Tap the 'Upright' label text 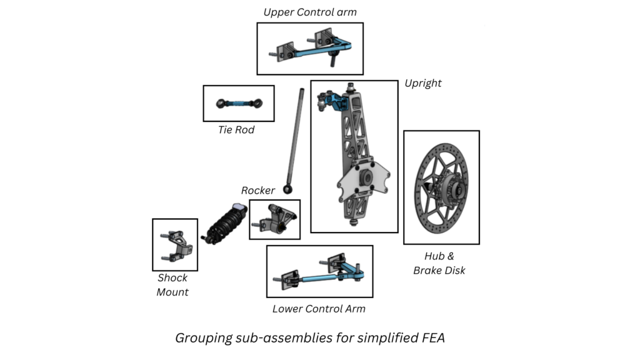[422, 83]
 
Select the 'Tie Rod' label [236, 130]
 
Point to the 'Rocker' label [258, 190]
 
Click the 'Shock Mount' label [172, 284]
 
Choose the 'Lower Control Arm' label [319, 309]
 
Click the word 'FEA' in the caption [430, 338]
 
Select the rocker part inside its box [274, 219]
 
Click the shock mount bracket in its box [177, 244]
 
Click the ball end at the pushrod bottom [288, 187]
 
